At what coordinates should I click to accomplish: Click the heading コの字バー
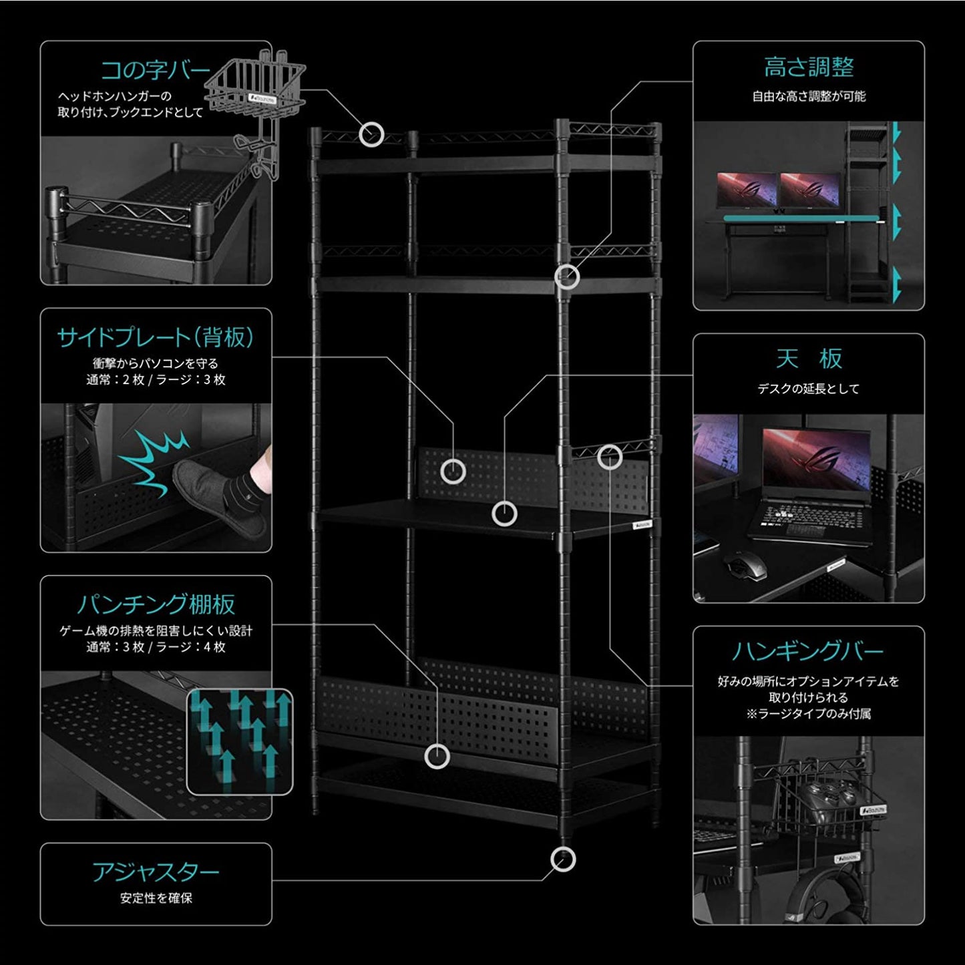[x=155, y=69]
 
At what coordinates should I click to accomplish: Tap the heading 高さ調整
[x=809, y=67]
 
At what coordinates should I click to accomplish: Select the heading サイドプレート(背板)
[x=156, y=337]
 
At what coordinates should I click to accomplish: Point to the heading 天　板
[x=809, y=359]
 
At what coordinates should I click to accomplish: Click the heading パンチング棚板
[x=156, y=604]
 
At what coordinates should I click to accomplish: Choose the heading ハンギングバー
[x=808, y=650]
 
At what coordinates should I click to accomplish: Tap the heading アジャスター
[x=156, y=872]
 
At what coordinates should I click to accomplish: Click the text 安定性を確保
[x=156, y=898]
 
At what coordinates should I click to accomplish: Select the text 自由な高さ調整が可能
[x=809, y=97]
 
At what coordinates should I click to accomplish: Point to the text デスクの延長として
[x=809, y=389]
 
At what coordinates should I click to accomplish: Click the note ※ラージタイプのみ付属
[x=809, y=714]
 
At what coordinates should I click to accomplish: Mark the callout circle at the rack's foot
[x=563, y=859]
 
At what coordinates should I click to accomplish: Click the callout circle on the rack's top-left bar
[x=371, y=134]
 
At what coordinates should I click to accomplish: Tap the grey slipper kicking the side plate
[x=220, y=498]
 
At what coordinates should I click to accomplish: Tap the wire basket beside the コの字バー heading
[x=256, y=87]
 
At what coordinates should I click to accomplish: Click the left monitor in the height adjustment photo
[x=747, y=190]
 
